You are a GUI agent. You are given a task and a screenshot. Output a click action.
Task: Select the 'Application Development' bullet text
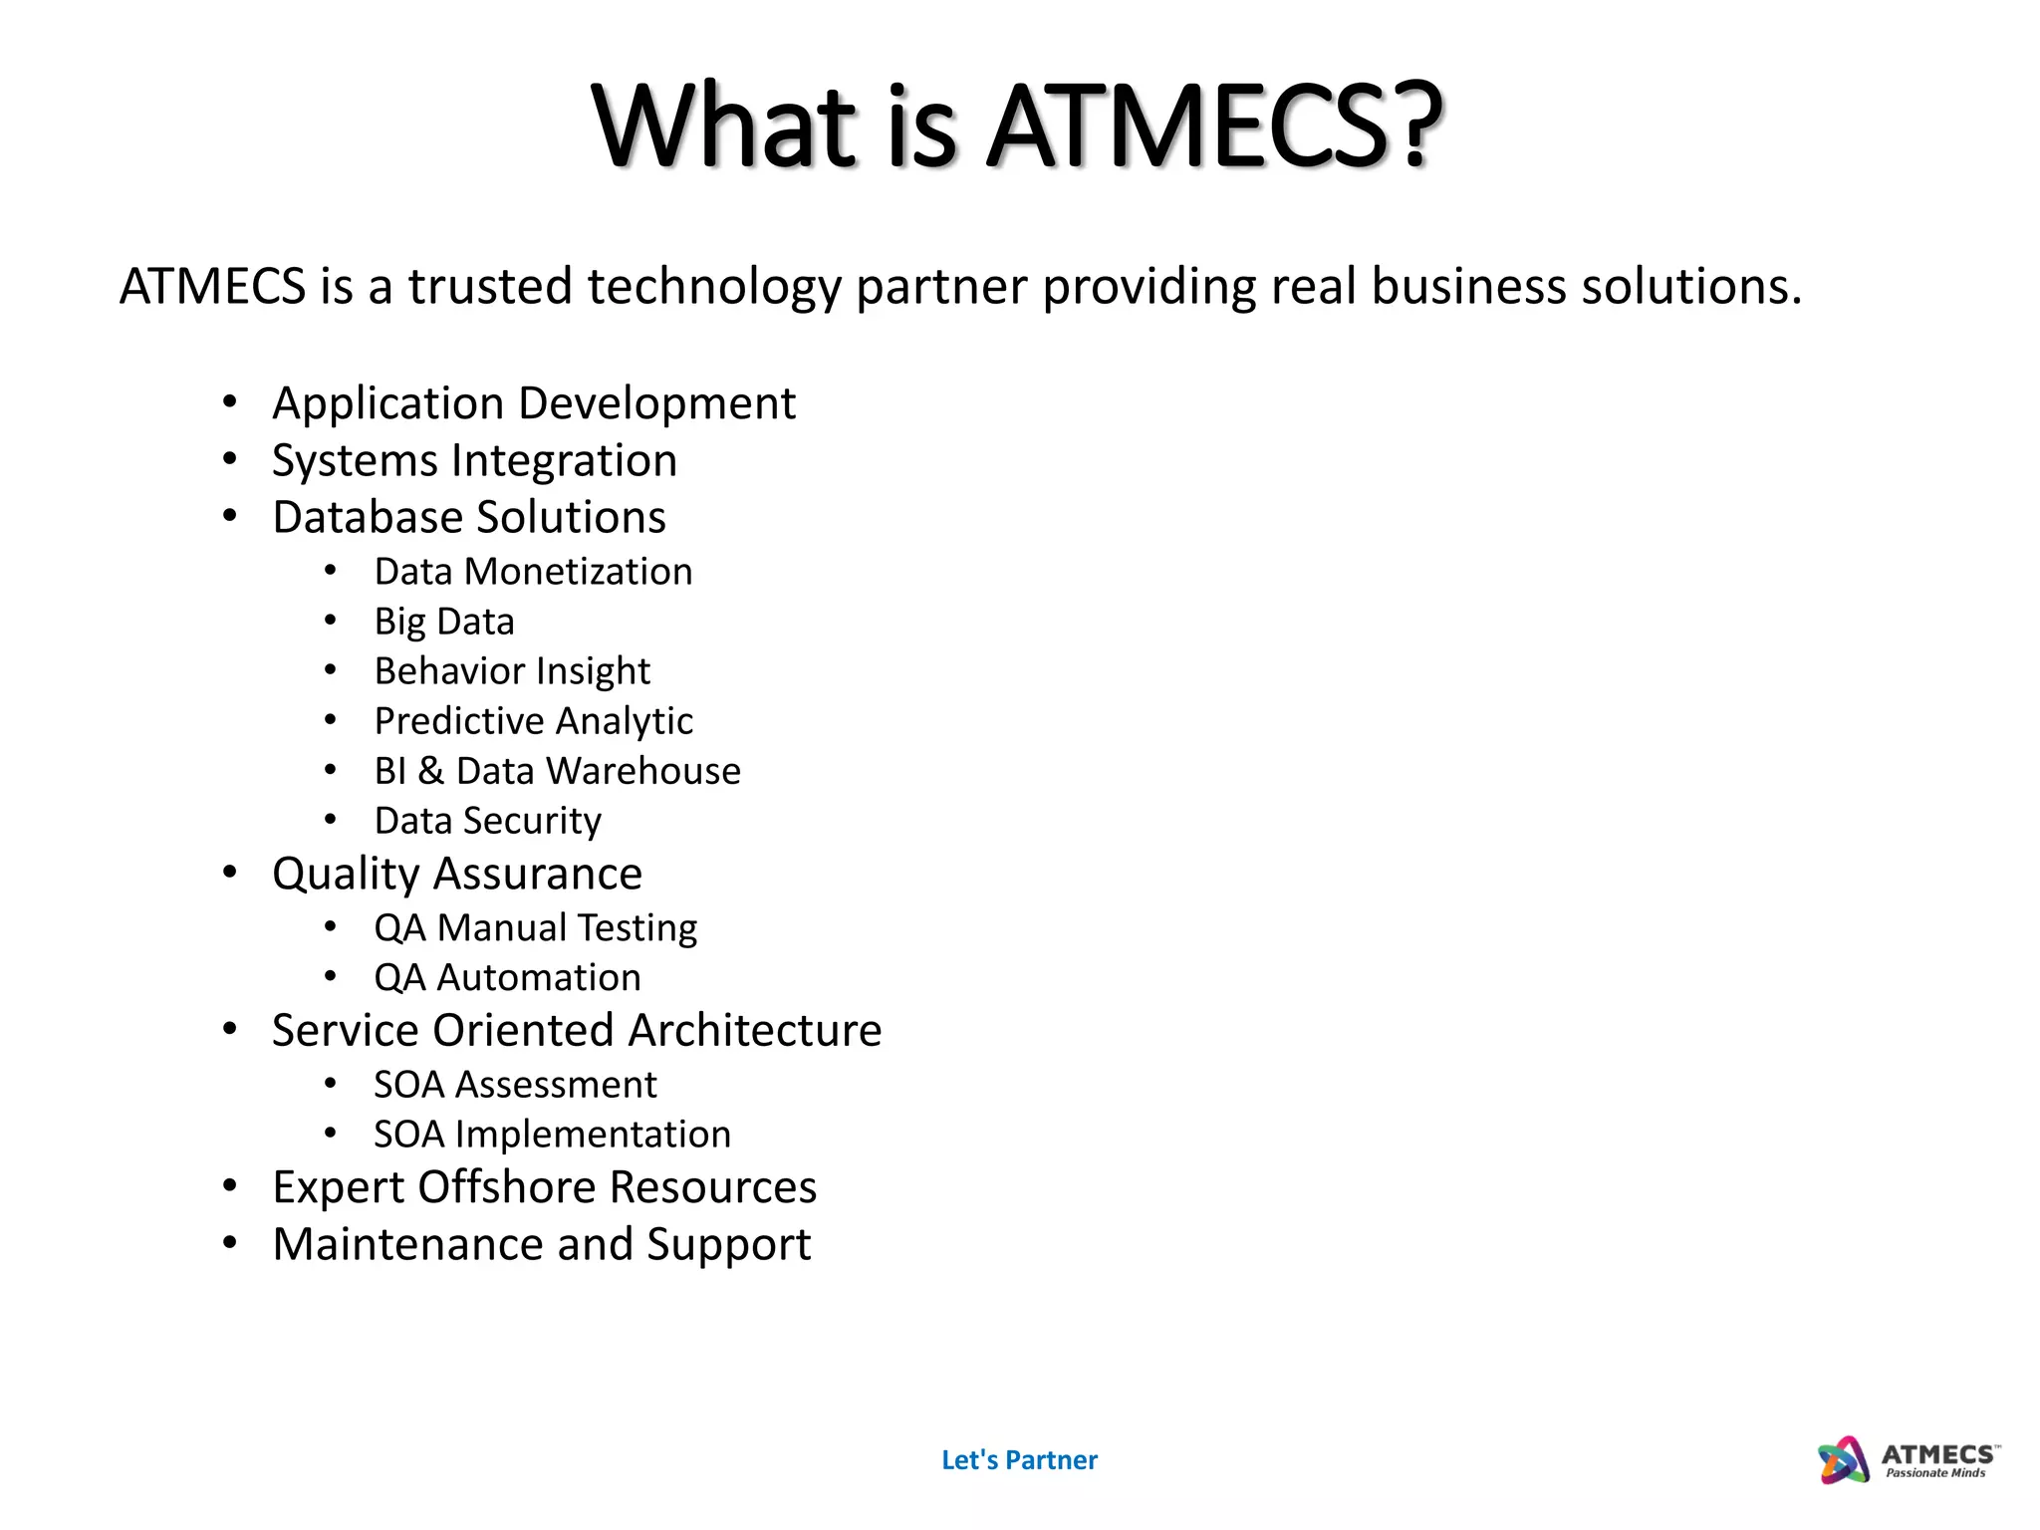click(534, 404)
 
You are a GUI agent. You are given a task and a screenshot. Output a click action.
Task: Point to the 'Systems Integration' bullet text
click(474, 461)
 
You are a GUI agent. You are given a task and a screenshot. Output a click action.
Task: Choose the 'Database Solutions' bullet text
click(469, 518)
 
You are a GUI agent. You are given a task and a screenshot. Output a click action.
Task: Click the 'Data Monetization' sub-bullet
click(533, 572)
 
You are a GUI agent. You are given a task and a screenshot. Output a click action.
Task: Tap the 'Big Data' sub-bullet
click(444, 622)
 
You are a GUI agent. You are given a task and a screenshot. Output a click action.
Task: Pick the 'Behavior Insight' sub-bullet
click(512, 671)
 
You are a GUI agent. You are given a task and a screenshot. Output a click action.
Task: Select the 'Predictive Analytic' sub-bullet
click(534, 721)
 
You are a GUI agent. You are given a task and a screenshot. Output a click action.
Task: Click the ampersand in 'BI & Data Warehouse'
click(430, 771)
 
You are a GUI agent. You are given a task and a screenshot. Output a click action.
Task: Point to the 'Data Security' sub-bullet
click(488, 821)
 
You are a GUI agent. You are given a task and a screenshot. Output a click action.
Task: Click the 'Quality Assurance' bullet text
click(457, 875)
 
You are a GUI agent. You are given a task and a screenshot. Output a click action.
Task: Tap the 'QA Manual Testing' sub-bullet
click(536, 928)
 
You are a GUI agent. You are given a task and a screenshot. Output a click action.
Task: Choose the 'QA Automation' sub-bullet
click(507, 978)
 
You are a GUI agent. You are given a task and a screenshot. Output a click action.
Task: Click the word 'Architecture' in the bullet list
click(755, 1031)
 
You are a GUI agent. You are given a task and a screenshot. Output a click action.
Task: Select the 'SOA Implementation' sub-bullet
click(552, 1135)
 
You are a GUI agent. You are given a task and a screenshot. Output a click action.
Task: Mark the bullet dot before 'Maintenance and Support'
click(230, 1243)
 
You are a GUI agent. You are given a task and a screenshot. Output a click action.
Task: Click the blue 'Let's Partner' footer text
click(1019, 1460)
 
